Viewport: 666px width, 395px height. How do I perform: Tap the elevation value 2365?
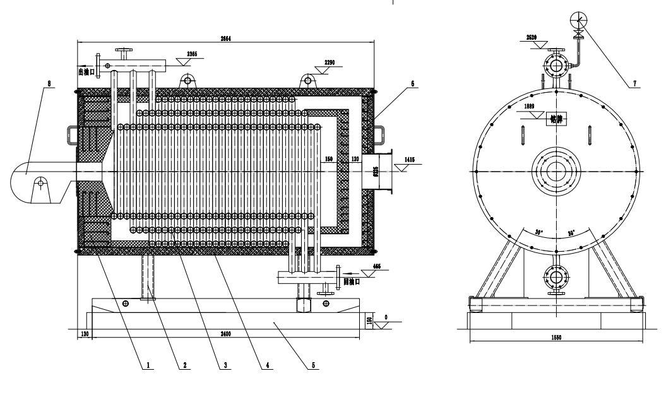click(x=192, y=54)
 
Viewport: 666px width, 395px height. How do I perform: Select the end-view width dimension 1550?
click(x=556, y=338)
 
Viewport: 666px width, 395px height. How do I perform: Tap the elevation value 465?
click(x=377, y=266)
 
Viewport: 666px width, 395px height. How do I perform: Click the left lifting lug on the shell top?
click(x=187, y=80)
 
